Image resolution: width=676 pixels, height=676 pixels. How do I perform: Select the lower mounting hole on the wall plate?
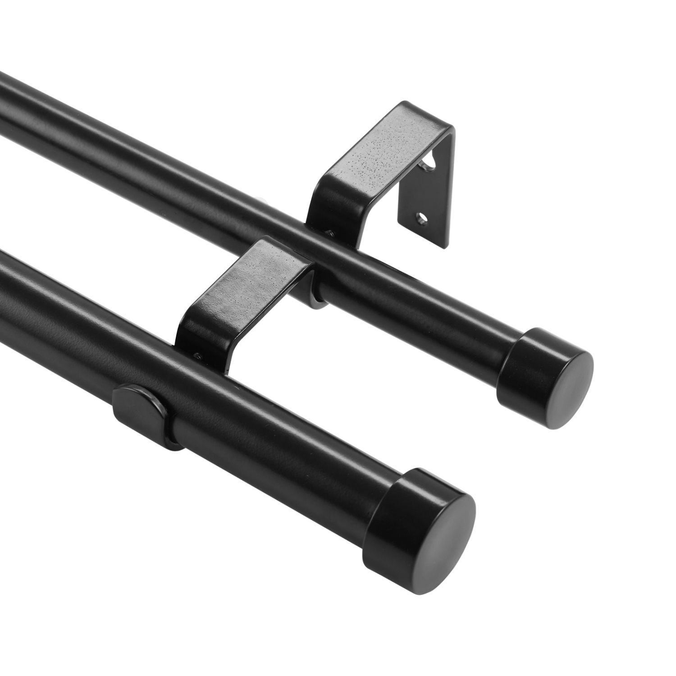click(422, 218)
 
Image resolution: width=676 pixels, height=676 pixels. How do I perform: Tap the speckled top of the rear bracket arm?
click(388, 149)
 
